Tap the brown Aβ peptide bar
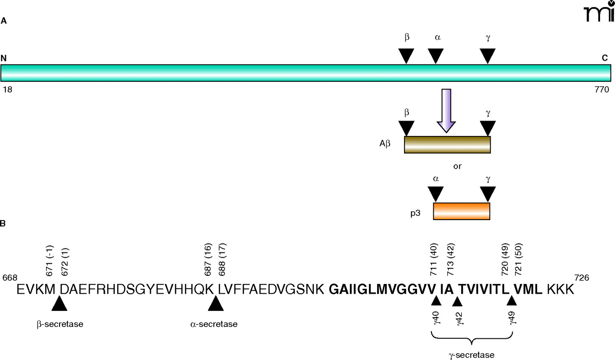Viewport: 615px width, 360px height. click(447, 145)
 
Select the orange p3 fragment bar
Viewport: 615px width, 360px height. click(461, 211)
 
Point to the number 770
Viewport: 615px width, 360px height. click(602, 89)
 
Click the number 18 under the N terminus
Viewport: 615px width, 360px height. click(7, 89)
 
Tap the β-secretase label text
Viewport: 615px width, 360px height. click(60, 324)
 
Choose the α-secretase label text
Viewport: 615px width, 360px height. click(214, 324)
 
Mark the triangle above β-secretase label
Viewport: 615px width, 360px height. click(60, 303)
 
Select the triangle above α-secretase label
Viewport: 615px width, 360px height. click(216, 303)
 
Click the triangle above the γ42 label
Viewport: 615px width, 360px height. click(457, 301)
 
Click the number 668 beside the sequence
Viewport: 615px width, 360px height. click(10, 278)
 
